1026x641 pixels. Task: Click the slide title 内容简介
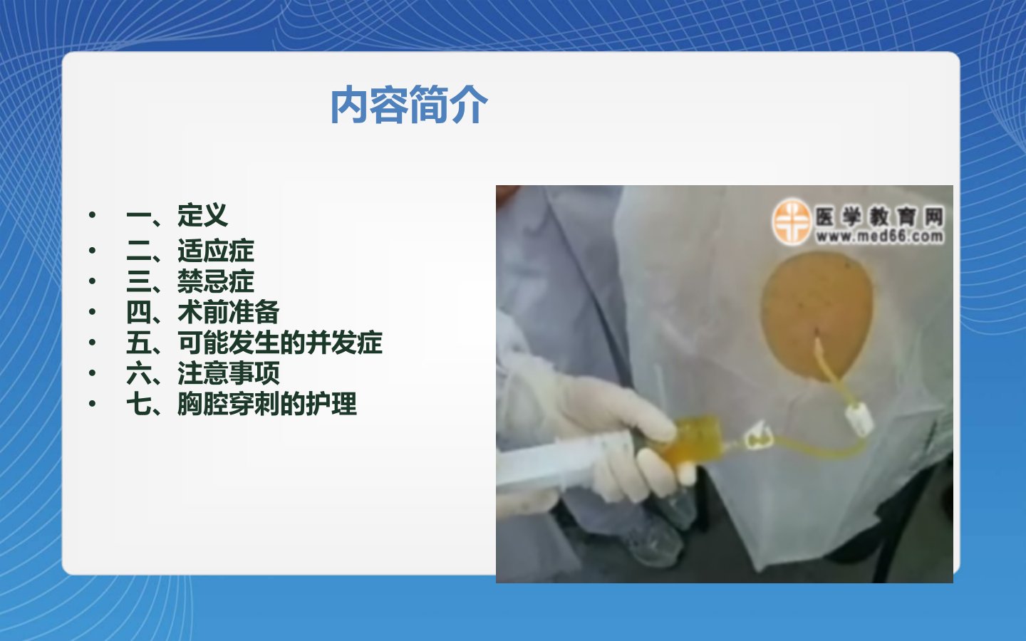click(409, 105)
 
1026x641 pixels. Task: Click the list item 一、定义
click(177, 215)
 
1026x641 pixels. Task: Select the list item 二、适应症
click(190, 251)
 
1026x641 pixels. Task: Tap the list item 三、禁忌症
click(190, 281)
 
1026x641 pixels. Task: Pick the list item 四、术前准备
click(202, 312)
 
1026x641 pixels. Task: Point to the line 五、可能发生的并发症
click(254, 343)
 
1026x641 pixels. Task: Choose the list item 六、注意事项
click(202, 373)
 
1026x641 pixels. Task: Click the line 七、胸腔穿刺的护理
click(242, 404)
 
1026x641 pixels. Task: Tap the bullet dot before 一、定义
click(92, 214)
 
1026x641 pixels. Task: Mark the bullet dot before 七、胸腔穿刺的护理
click(92, 403)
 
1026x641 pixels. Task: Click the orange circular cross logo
click(792, 222)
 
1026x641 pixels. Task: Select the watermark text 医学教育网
click(879, 216)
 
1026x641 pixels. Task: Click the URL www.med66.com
click(879, 236)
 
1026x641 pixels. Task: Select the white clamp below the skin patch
click(859, 418)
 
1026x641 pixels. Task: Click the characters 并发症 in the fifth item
click(344, 343)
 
